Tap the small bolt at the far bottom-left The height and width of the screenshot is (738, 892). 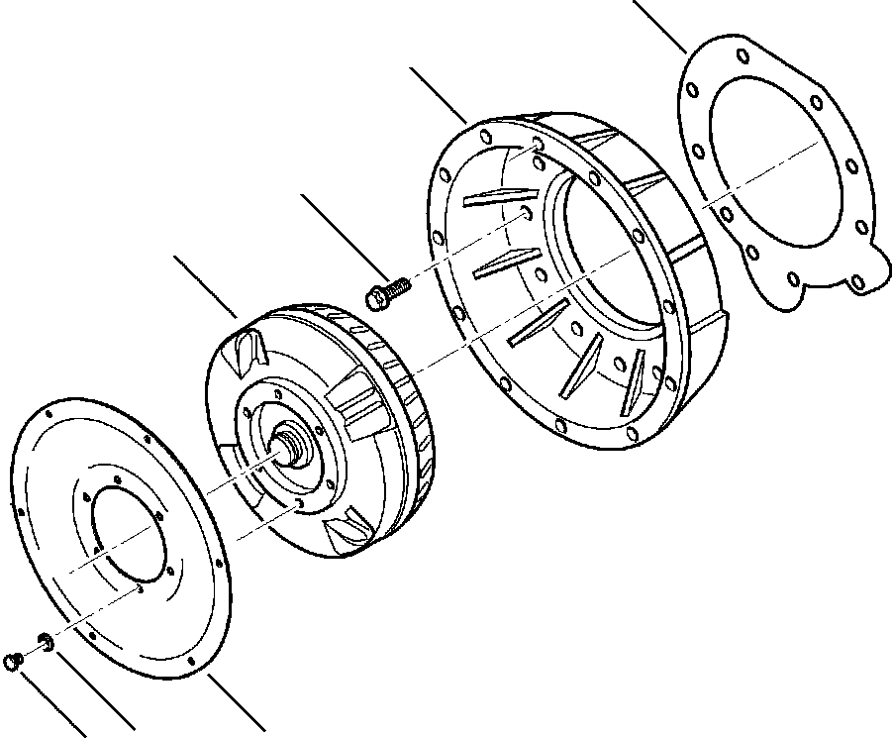(x=13, y=661)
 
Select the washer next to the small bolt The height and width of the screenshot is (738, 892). (x=46, y=640)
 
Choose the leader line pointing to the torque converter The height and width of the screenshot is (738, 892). (x=206, y=286)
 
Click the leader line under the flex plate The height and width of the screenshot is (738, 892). (x=237, y=705)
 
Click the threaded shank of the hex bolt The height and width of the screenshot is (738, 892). (x=398, y=288)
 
